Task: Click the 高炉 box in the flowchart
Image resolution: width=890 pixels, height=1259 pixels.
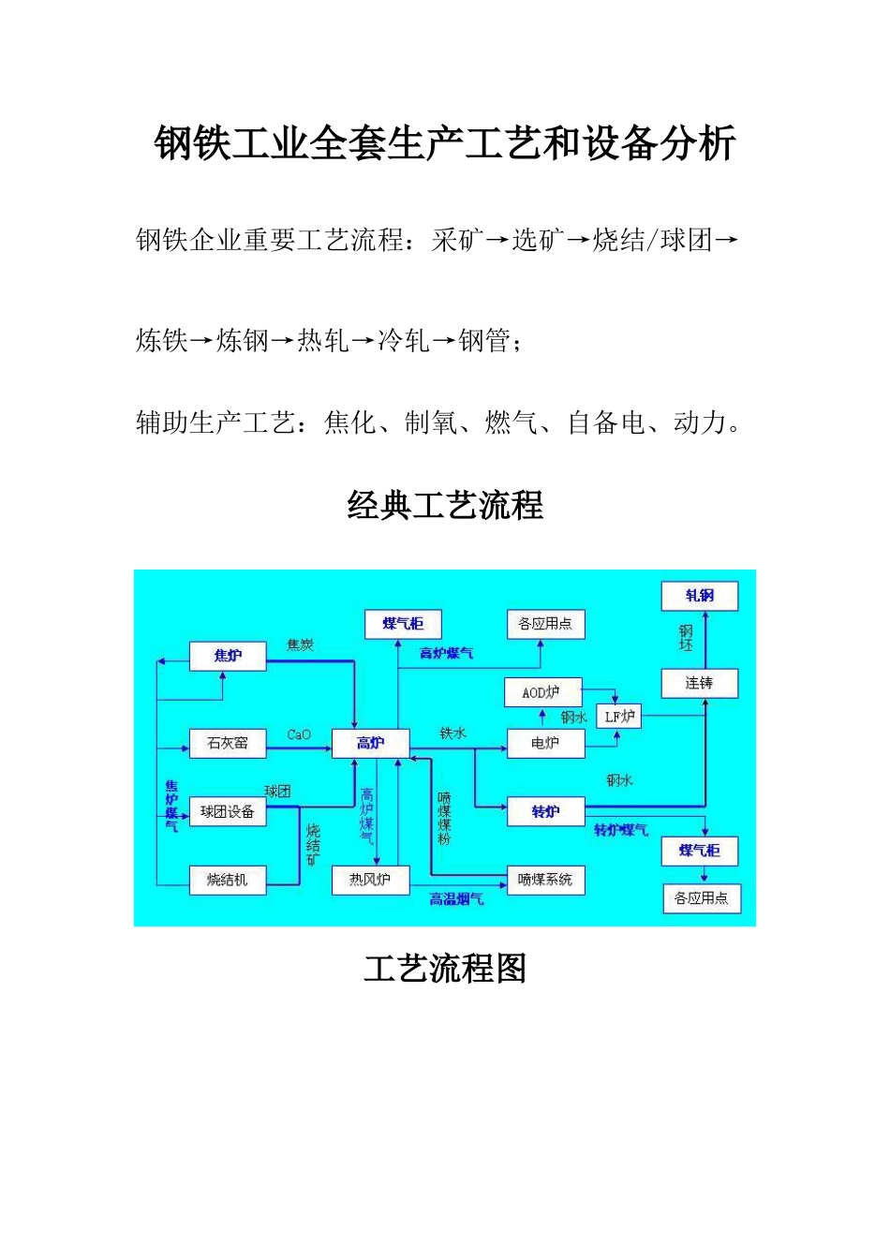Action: (371, 744)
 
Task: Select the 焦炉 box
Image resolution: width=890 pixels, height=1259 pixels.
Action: (228, 656)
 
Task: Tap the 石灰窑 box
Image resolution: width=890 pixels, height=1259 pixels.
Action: (228, 744)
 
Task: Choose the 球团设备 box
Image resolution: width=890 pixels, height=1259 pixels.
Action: (228, 812)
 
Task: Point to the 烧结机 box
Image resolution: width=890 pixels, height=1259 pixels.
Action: (228, 880)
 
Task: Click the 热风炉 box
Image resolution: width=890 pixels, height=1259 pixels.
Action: (371, 880)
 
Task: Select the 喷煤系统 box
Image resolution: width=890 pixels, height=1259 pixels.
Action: (545, 880)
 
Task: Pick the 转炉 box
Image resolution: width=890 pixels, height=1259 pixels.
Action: (545, 812)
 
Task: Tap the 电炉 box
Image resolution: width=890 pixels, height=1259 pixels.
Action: (545, 744)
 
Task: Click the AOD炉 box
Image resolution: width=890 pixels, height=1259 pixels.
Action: (542, 692)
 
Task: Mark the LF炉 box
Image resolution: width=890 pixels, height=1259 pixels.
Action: (620, 717)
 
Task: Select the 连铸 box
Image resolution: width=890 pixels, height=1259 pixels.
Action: (699, 683)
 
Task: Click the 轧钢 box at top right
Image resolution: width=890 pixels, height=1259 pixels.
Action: (699, 596)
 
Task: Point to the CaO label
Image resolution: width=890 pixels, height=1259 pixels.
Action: (299, 735)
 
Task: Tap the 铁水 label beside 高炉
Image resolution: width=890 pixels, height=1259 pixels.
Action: (452, 733)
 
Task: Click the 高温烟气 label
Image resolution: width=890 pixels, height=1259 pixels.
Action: (456, 899)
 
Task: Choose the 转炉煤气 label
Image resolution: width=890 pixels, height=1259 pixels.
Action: (621, 831)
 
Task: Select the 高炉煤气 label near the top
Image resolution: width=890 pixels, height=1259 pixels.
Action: (447, 654)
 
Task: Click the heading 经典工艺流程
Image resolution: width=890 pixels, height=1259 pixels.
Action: (445, 506)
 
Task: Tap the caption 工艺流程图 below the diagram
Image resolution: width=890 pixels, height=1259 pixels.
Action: (445, 968)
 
